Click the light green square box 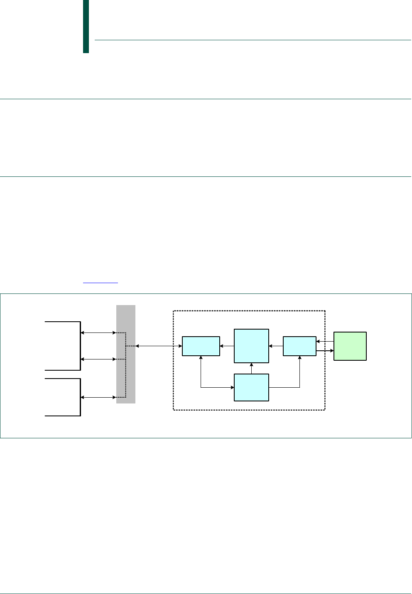(x=350, y=346)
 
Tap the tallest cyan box (x=251, y=346)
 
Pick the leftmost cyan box (x=201, y=346)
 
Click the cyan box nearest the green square (x=299, y=346)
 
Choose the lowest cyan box (x=251, y=387)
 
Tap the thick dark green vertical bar (x=86, y=27)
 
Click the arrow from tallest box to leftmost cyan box (x=227, y=346)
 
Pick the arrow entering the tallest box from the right (x=276, y=346)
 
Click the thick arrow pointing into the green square (x=325, y=351)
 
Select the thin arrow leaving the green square (x=325, y=342)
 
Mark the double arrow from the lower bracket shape (x=98, y=397)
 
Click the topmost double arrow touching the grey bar (x=98, y=332)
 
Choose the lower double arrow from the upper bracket (x=98, y=359)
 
